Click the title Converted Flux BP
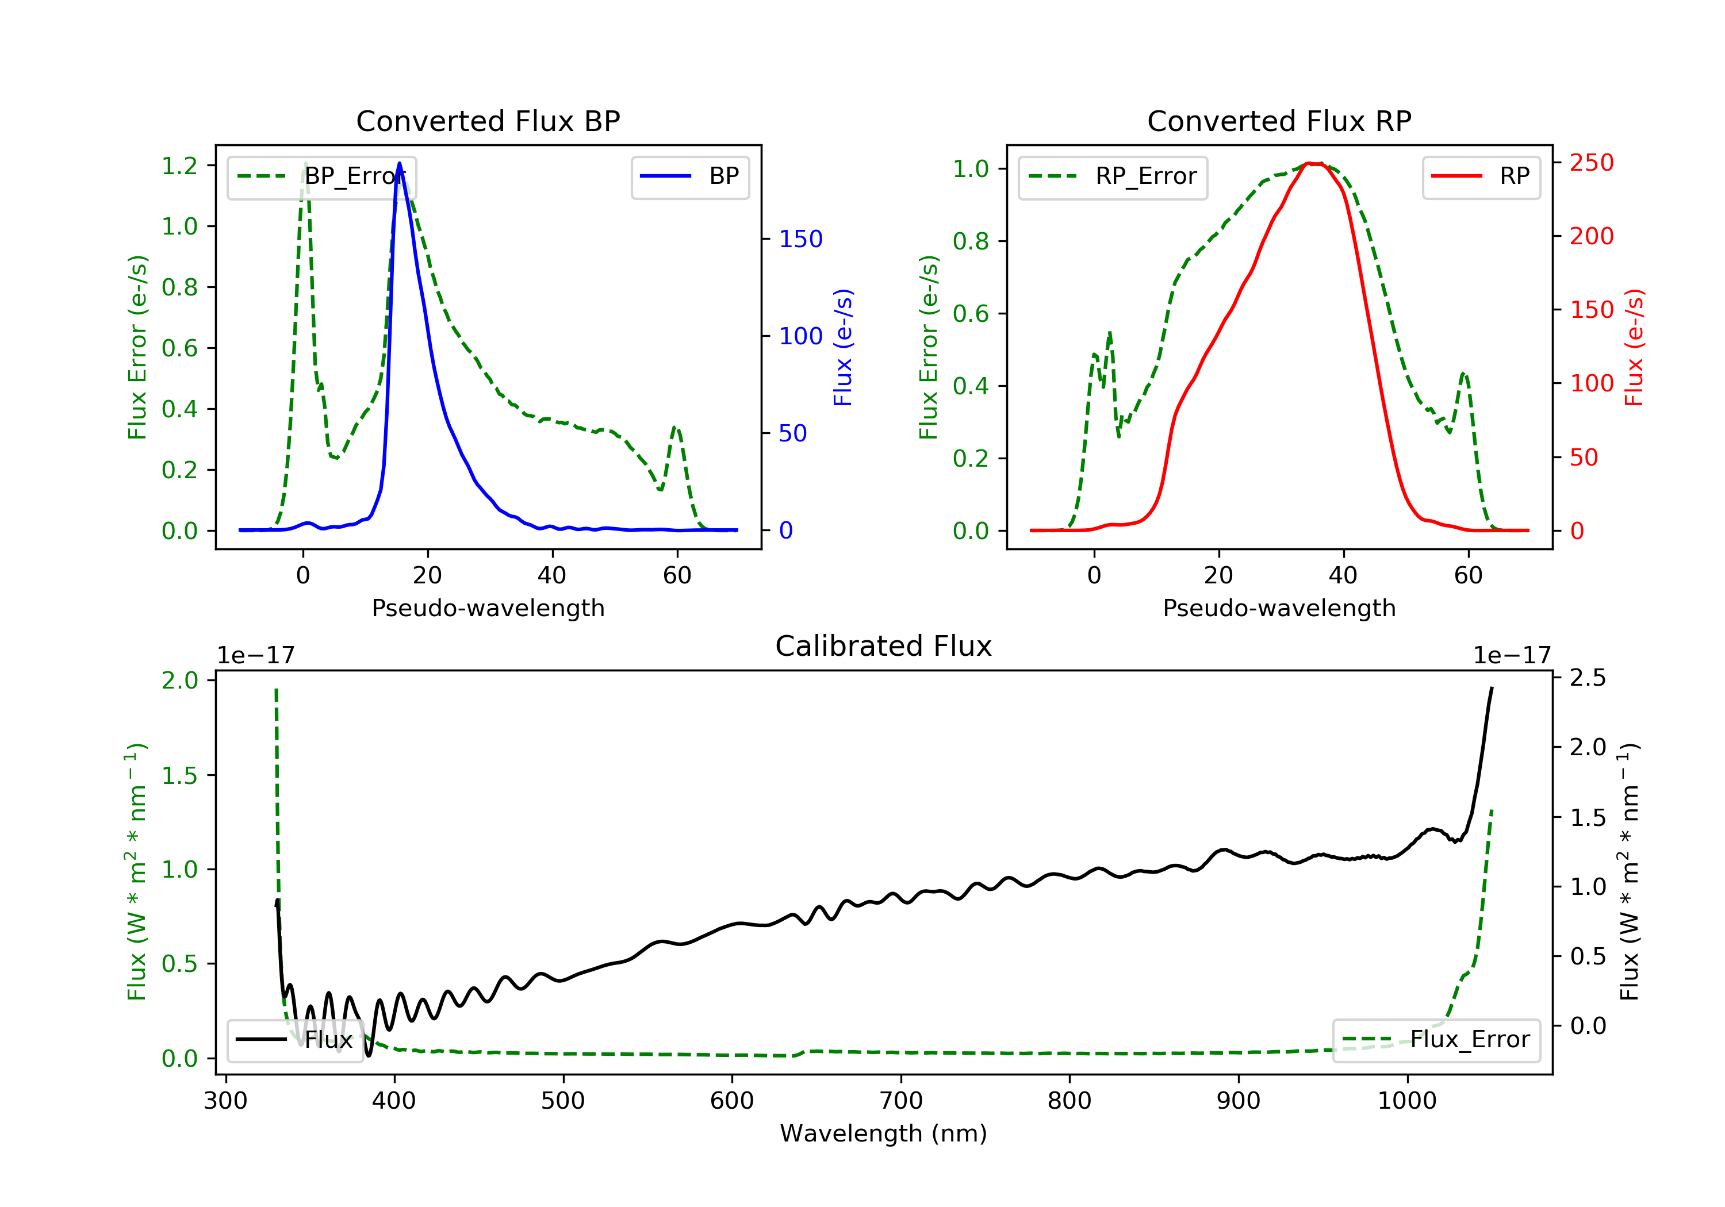point(488,121)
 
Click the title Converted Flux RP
point(1279,121)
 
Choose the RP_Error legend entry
point(1112,176)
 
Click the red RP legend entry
point(1481,176)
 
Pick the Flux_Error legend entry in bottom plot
point(1436,1040)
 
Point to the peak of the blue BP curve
point(399,163)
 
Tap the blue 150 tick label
point(800,239)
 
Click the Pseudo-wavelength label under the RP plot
point(1279,608)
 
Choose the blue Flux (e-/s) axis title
point(843,347)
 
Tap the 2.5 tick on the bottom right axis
point(1588,678)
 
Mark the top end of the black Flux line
point(1492,688)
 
